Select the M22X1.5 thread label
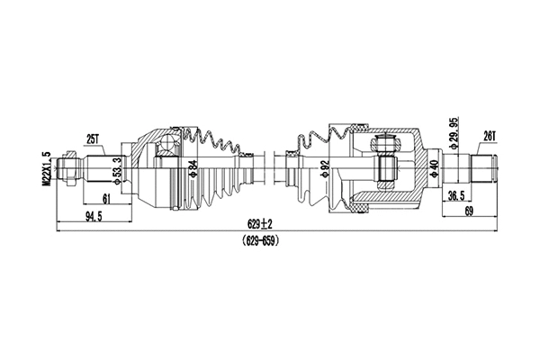[46, 168]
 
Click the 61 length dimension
[106, 198]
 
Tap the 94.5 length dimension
[92, 217]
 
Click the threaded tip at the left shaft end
[66, 167]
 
